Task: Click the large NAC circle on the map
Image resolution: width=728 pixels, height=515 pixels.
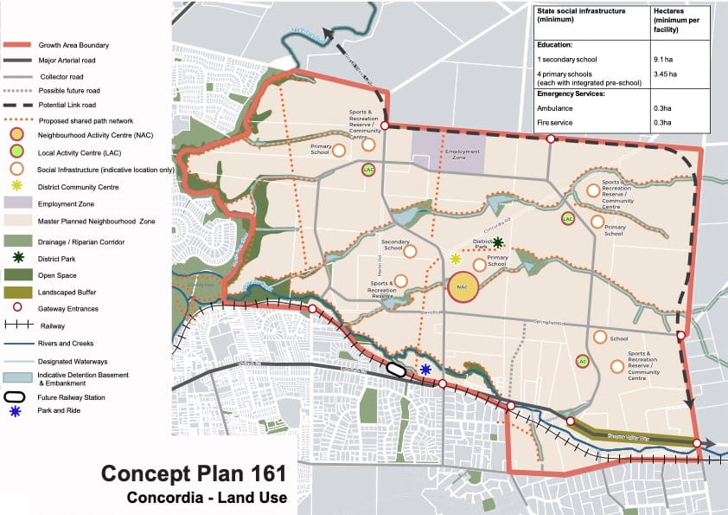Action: (x=463, y=287)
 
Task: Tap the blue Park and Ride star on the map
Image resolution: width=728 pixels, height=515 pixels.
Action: (x=425, y=369)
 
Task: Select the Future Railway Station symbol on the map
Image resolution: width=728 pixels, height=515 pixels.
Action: (x=397, y=369)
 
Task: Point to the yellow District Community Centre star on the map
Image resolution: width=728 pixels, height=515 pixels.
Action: (x=456, y=259)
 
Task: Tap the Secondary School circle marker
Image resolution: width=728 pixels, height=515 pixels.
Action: (x=410, y=251)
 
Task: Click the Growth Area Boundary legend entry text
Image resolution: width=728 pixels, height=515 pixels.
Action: (x=73, y=45)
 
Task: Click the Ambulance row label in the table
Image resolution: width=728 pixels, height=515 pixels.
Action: (x=555, y=108)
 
